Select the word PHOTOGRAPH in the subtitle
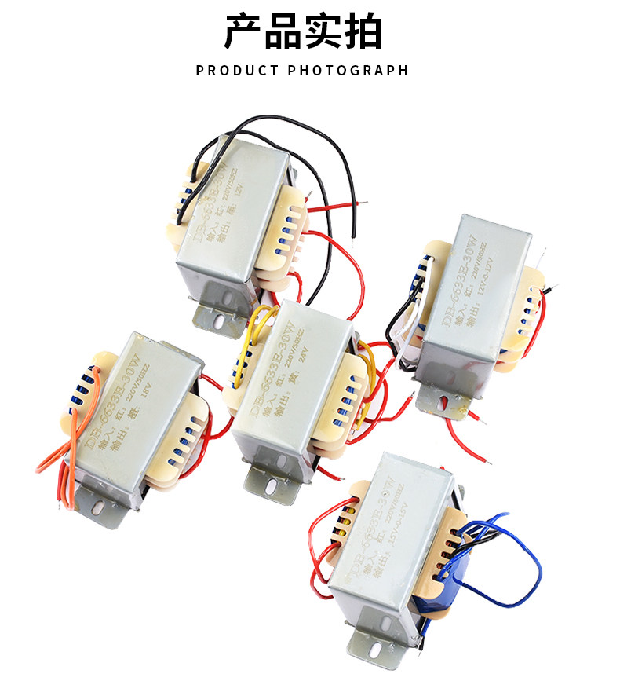(x=348, y=71)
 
